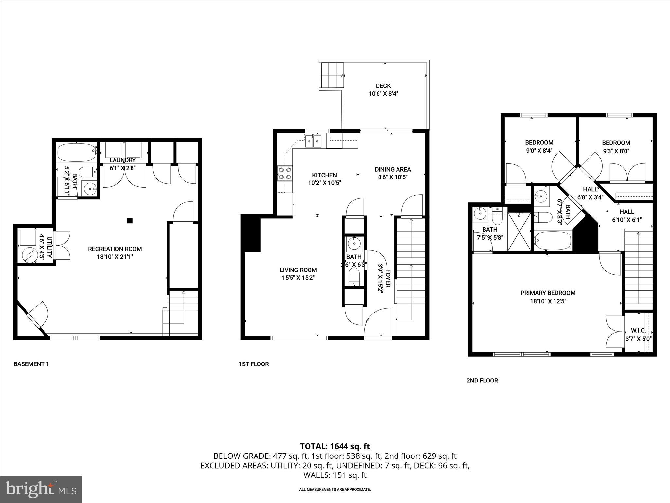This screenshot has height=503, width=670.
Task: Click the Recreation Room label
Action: coord(115,249)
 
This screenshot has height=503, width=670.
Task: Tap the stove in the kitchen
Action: coord(285,174)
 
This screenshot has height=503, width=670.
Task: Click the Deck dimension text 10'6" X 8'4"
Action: coord(383,94)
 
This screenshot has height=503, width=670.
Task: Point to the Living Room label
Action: coord(298,270)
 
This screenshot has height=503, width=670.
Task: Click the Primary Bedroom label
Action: coord(548,293)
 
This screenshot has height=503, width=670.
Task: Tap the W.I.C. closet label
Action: coord(638,331)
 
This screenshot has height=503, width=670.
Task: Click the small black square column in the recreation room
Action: coord(130,221)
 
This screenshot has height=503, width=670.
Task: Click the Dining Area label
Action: coord(393,169)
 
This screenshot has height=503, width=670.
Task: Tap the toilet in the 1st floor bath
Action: coord(354,277)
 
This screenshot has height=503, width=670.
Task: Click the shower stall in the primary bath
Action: coord(520,232)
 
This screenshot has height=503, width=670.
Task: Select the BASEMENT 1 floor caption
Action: coord(31,364)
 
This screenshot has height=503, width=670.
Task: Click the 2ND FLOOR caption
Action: coord(482,381)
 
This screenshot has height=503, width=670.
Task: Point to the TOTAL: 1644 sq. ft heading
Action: coord(335,446)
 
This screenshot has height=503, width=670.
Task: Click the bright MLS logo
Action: coord(41,489)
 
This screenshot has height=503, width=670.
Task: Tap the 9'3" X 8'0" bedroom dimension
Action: coord(616,151)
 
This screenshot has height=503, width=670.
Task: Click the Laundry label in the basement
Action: coord(122,160)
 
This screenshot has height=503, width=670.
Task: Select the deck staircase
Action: coord(332,75)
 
